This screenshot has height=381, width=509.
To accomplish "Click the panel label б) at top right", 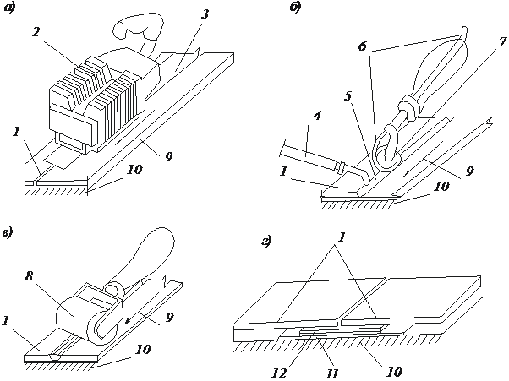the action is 295,8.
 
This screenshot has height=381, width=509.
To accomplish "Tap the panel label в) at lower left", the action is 7,232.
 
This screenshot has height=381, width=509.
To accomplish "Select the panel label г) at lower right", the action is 267,242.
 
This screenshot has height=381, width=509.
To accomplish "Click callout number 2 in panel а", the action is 36,32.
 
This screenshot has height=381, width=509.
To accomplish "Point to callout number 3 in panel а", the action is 205,14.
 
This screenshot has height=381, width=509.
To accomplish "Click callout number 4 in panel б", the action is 317,116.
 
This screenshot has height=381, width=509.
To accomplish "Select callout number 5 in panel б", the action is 348,96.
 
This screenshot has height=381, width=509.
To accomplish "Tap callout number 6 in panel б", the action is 363,46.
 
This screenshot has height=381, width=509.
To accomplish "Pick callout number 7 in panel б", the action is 502,41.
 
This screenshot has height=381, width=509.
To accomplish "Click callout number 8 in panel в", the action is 29,276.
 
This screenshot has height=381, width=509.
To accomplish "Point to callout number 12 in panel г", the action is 280,373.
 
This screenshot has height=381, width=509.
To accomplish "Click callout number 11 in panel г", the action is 331,374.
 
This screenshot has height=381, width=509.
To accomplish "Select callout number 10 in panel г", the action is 394,372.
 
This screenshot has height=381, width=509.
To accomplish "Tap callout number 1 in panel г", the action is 342,237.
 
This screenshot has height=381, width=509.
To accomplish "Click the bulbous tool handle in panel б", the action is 438,71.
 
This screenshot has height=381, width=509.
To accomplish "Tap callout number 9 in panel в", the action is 169,318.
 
